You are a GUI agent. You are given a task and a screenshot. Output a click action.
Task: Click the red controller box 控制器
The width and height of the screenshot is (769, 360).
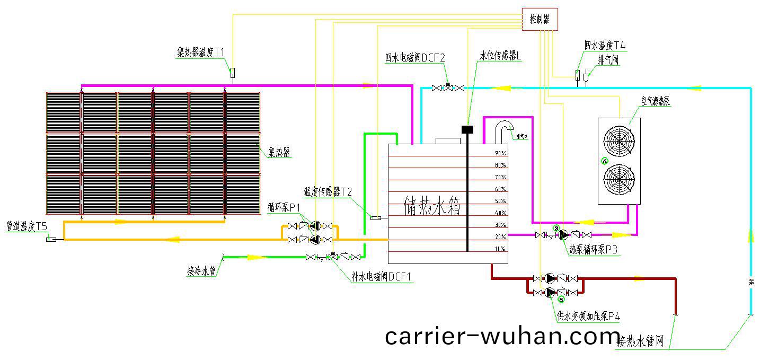[540, 20]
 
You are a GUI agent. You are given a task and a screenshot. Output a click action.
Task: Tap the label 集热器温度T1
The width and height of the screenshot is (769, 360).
[201, 52]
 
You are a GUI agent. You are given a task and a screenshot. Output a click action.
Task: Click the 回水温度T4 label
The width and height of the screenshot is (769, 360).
[605, 46]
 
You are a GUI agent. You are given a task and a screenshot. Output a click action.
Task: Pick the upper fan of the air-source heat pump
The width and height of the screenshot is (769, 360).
[618, 142]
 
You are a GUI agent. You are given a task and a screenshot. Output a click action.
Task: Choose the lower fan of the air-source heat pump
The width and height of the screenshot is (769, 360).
[618, 180]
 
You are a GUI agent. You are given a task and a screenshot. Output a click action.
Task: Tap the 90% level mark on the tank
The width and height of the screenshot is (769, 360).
[500, 153]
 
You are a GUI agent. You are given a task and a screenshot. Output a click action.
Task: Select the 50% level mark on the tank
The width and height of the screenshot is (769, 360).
[500, 201]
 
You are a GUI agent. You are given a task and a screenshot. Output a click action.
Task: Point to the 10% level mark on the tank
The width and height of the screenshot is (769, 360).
[500, 249]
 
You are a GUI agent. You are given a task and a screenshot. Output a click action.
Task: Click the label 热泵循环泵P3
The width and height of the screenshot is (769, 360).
[594, 250]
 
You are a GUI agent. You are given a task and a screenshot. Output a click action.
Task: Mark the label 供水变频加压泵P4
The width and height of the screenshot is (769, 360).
[588, 317]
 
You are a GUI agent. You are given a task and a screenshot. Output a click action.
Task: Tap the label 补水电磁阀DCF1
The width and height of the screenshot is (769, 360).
[382, 277]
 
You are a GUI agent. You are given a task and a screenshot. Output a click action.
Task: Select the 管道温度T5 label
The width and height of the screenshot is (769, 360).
[26, 226]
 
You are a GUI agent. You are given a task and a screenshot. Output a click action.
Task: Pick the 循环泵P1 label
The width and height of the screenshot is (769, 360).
[284, 206]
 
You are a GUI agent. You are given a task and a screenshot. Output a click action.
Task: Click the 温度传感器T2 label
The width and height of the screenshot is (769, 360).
[328, 191]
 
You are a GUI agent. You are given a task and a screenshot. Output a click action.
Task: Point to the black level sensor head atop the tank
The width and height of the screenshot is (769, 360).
[467, 129]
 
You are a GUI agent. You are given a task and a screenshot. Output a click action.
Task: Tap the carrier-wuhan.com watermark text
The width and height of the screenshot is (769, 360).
[502, 336]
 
